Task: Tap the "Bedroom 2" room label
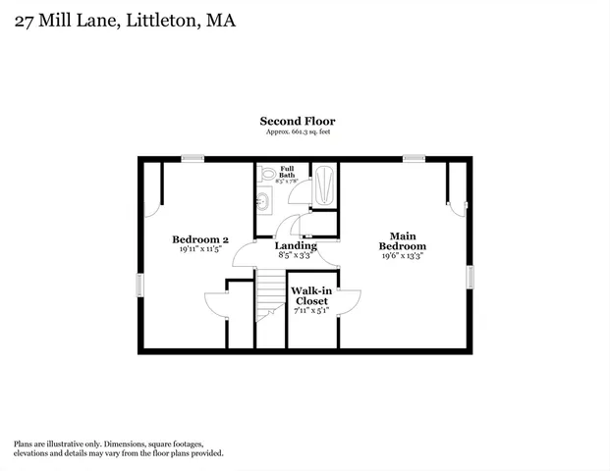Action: pyautogui.click(x=200, y=238)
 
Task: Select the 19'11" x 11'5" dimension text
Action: pyautogui.click(x=200, y=249)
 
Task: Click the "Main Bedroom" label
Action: pyautogui.click(x=403, y=240)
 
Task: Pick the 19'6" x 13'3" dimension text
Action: pyautogui.click(x=403, y=255)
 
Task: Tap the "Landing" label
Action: pyautogui.click(x=295, y=245)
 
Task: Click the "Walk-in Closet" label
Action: pyautogui.click(x=311, y=295)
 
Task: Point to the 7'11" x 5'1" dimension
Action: pyautogui.click(x=311, y=310)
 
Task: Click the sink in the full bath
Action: pyautogui.click(x=263, y=202)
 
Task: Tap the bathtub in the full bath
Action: pyautogui.click(x=324, y=184)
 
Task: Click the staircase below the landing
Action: pyautogui.click(x=268, y=295)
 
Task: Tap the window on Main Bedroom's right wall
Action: pyautogui.click(x=469, y=279)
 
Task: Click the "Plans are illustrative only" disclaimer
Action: pyautogui.click(x=118, y=448)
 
